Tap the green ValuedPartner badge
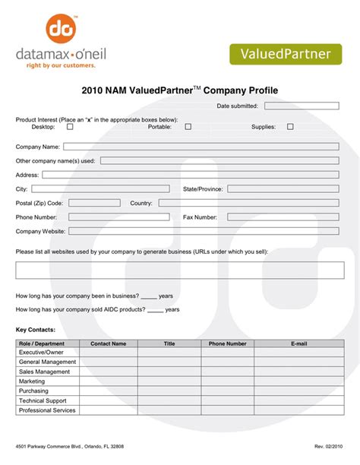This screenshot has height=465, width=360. [x=286, y=54]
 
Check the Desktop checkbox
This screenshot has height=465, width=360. [x=71, y=127]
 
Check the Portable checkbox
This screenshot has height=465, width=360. [x=188, y=127]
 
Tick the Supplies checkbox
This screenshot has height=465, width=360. [x=290, y=127]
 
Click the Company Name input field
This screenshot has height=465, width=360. [x=201, y=147]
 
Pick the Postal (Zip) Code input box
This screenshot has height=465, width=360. [x=95, y=203]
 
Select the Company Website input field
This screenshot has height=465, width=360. [x=204, y=231]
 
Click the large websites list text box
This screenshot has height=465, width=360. [x=180, y=270]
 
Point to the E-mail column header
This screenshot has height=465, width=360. [x=298, y=343]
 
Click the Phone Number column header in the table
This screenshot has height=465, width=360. [x=228, y=343]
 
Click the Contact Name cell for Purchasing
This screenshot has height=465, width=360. [x=109, y=391]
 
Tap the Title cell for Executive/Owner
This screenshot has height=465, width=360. [x=169, y=353]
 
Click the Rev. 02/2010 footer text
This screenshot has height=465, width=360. [x=328, y=445]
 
